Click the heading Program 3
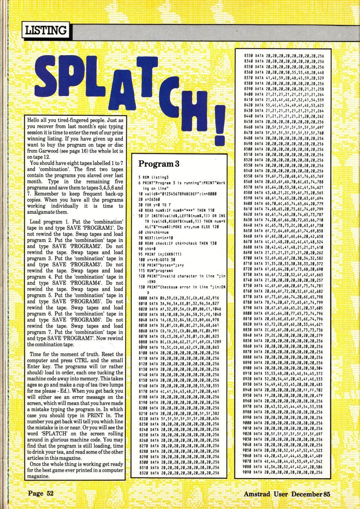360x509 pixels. point(159,164)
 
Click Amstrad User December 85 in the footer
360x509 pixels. point(287,494)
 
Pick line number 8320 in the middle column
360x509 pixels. point(142,473)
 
